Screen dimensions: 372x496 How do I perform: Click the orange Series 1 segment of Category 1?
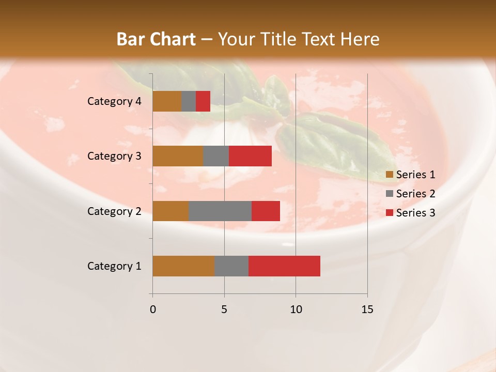[x=183, y=266]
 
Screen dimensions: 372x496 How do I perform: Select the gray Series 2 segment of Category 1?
[x=231, y=266]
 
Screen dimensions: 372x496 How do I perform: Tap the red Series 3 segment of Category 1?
[x=284, y=266]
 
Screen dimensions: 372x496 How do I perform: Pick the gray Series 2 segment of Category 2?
[x=220, y=211]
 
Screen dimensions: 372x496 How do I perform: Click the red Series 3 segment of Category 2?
[x=266, y=211]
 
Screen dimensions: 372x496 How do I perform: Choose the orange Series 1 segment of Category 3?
[x=178, y=156]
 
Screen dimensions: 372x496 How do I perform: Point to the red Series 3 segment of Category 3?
[x=250, y=156]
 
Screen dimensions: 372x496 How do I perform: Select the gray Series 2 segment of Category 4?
[x=189, y=101]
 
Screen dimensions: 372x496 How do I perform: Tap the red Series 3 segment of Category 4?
[x=203, y=101]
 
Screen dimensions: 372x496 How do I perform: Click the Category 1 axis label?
[x=114, y=266]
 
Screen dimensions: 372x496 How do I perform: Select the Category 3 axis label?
[x=114, y=156]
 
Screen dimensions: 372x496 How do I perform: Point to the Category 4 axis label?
[x=114, y=101]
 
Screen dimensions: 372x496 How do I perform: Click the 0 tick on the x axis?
[x=153, y=309]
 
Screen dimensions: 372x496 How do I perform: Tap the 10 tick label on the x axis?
[x=296, y=309]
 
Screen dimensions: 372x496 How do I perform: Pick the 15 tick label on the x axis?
[x=367, y=309]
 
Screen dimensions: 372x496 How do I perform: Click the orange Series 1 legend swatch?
[x=390, y=175]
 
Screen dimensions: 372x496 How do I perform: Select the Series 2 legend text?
[x=415, y=194]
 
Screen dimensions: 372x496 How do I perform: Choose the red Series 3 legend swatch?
[x=390, y=213]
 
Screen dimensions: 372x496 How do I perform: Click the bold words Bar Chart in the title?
[x=156, y=39]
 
